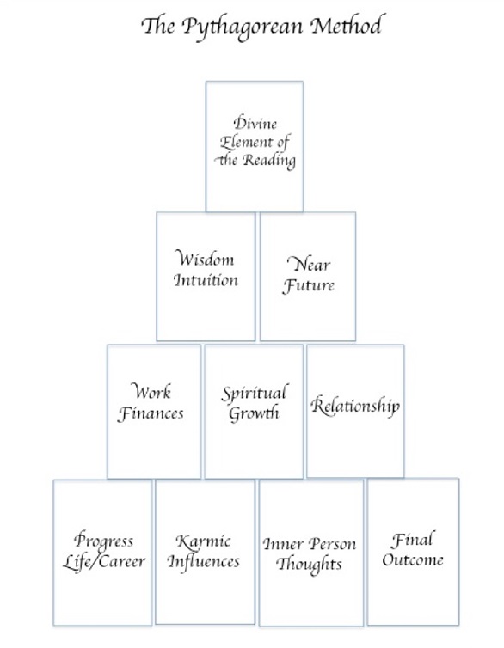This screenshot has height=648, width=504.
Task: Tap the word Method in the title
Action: tap(346, 25)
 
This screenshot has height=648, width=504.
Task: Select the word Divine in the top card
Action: tap(255, 123)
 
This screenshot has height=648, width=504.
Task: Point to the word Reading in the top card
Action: tap(269, 161)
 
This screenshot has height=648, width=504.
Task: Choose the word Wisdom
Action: tap(205, 259)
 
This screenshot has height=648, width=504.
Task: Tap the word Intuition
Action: tap(206, 280)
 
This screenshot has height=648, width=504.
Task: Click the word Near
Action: tap(309, 263)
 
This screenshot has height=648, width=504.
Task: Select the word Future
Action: tap(309, 286)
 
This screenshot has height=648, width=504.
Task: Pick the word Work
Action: tap(151, 391)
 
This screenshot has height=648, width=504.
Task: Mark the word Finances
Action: tap(151, 413)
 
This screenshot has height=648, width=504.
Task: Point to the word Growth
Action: tap(254, 413)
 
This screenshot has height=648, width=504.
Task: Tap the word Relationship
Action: tap(355, 406)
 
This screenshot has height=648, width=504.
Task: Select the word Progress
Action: tap(104, 541)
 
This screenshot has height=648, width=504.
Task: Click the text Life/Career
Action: tap(104, 561)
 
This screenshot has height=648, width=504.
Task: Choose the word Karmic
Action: tap(203, 541)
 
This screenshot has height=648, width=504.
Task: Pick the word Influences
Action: tap(204, 561)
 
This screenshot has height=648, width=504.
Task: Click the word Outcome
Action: tap(413, 559)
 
